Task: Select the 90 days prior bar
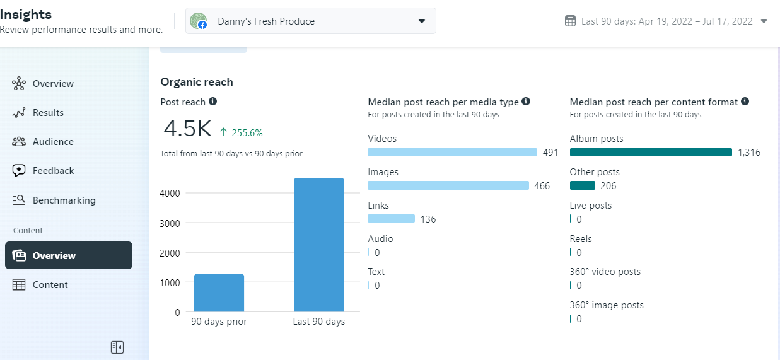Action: pyautogui.click(x=219, y=293)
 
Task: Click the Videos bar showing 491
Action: pyautogui.click(x=452, y=153)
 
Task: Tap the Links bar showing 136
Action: pyautogui.click(x=391, y=219)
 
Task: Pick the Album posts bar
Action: pyautogui.click(x=651, y=153)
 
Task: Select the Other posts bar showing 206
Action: pyautogui.click(x=582, y=185)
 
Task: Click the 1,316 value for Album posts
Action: pyautogui.click(x=749, y=153)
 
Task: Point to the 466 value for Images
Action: pyautogui.click(x=542, y=186)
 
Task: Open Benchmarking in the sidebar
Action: pyautogui.click(x=64, y=200)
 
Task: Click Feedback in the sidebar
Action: pyautogui.click(x=53, y=171)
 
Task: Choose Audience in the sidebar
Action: pyautogui.click(x=53, y=142)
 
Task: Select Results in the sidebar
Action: pyautogui.click(x=48, y=113)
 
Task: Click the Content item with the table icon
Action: pyautogui.click(x=50, y=285)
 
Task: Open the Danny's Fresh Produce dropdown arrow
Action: pyautogui.click(x=422, y=21)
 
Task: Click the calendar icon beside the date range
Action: pyautogui.click(x=570, y=21)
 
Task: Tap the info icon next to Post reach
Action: pyautogui.click(x=213, y=102)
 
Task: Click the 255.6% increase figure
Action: pyautogui.click(x=247, y=133)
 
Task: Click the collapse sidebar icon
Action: pyautogui.click(x=117, y=347)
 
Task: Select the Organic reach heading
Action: pyautogui.click(x=197, y=82)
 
